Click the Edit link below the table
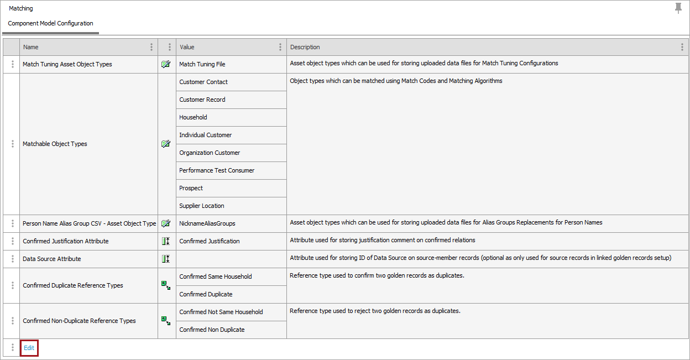[29, 348]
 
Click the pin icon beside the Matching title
[678, 8]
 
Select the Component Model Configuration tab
[50, 24]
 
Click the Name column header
[31, 47]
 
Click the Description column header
[305, 47]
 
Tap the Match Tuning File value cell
[202, 64]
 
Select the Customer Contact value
[203, 82]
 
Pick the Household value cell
[193, 117]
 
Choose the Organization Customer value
[210, 153]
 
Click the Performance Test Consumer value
[217, 170]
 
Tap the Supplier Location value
[202, 206]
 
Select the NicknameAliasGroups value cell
[207, 223]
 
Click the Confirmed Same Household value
[216, 276]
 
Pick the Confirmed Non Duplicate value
[212, 330]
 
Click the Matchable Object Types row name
[55, 144]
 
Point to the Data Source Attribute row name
[52, 259]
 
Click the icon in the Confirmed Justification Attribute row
[166, 241]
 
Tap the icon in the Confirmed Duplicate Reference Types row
[166, 285]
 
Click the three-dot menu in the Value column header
[280, 47]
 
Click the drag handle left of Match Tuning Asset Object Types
[13, 64]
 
